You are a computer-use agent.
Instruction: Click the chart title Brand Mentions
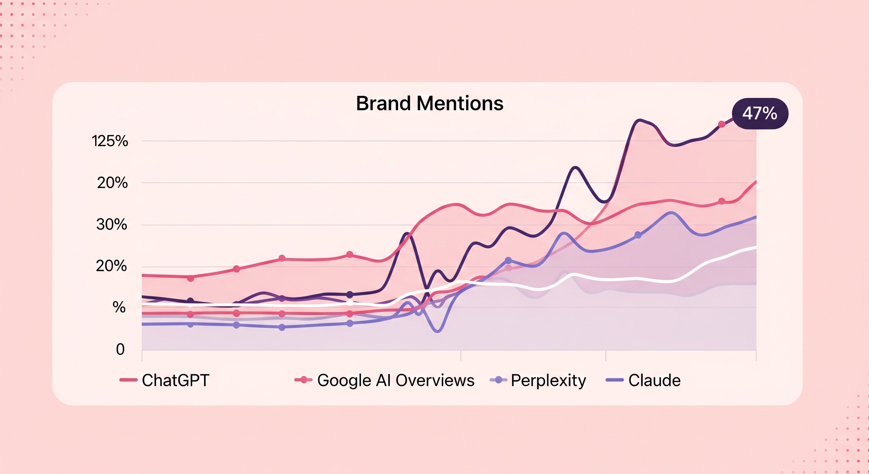coord(430,103)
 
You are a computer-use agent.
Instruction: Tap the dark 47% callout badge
coord(760,113)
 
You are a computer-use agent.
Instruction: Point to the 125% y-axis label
coord(110,141)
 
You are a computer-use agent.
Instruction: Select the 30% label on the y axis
coord(112,224)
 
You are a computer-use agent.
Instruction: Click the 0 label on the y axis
coord(120,349)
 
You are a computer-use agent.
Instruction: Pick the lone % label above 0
coord(119,307)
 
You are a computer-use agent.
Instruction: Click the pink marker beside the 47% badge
coord(721,124)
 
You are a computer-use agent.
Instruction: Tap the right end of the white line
coord(756,247)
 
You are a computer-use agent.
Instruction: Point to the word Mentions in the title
coord(460,103)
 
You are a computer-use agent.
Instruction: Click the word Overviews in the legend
coord(435,380)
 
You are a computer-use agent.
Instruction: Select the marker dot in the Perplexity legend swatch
coord(499,380)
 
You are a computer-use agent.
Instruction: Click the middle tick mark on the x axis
coord(461,355)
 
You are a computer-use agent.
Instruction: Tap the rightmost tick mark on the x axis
coord(756,355)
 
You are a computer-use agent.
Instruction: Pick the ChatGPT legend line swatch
coord(128,380)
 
